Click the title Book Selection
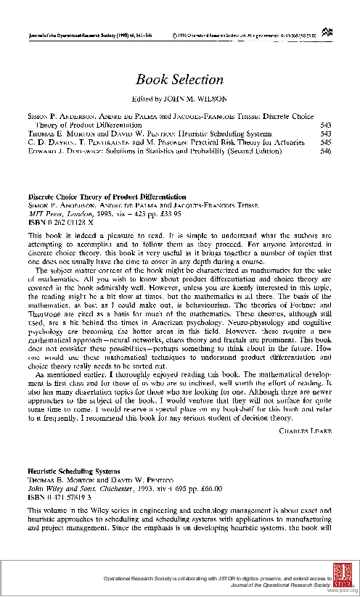179,80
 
